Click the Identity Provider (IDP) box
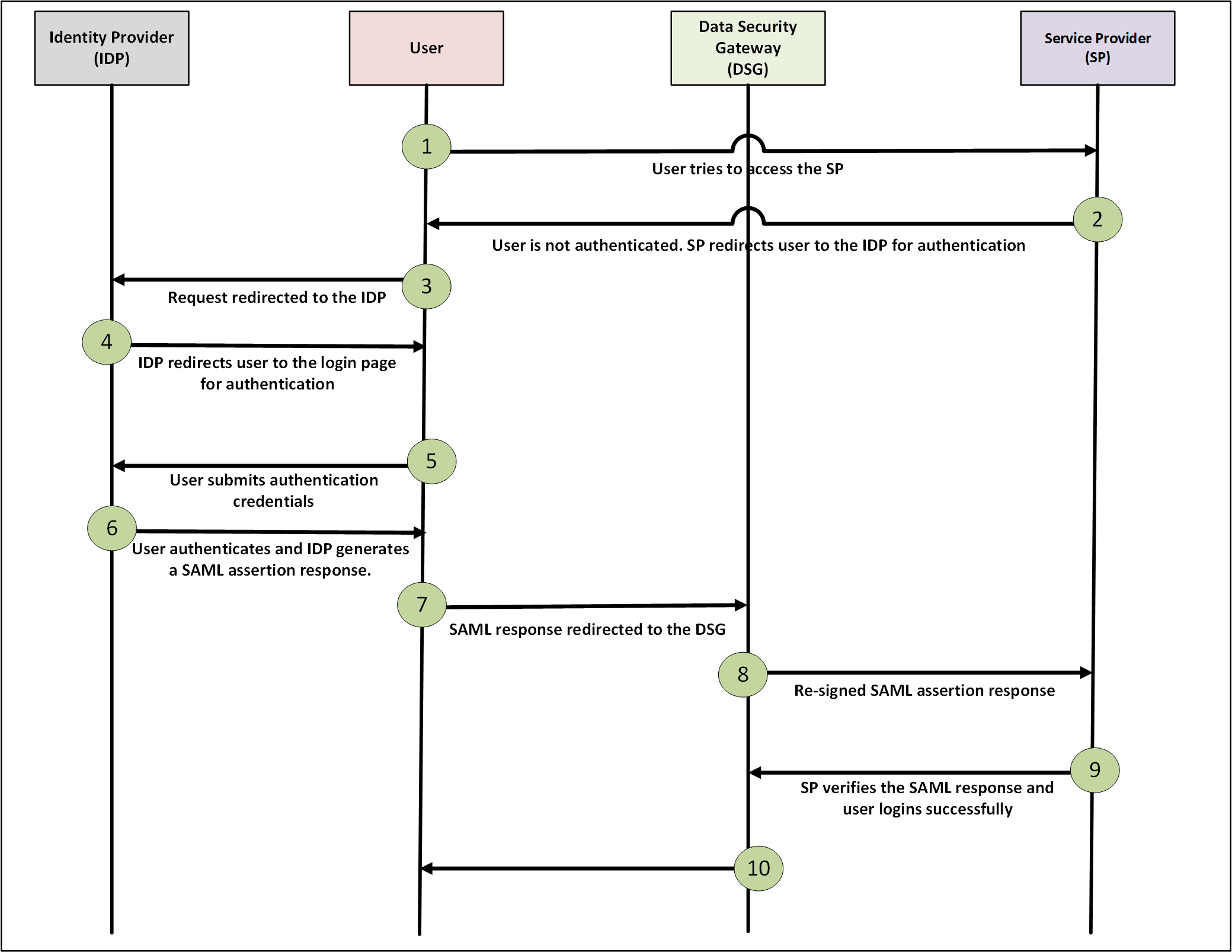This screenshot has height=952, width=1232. [111, 48]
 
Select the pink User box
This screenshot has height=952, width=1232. [426, 48]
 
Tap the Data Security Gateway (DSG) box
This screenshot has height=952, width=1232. [747, 48]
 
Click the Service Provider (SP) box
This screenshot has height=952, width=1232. [1097, 48]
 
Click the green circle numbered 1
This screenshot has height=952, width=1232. [426, 146]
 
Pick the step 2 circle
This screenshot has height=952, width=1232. [1097, 219]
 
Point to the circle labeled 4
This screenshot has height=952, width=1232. [107, 342]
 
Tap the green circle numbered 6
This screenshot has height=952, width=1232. [112, 528]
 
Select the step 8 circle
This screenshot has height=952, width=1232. [743, 675]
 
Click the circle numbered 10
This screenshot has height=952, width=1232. [759, 868]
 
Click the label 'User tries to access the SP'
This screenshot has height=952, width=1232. [747, 169]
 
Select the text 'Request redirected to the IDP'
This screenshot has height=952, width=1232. [277, 298]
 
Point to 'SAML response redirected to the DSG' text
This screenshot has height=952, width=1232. [587, 630]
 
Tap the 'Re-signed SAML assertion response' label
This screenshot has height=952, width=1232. [924, 691]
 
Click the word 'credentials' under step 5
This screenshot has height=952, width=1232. [273, 501]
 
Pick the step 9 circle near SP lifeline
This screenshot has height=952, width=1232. [1095, 770]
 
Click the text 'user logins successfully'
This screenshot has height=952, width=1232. [927, 809]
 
